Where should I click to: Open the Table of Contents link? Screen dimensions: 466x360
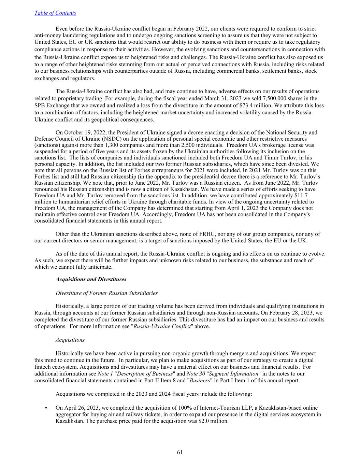click(55, 13)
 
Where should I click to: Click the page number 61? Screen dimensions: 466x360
click(180, 452)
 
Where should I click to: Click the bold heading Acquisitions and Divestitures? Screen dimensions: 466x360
click(91, 279)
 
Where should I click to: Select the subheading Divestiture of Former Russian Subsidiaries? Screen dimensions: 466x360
click(106, 293)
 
